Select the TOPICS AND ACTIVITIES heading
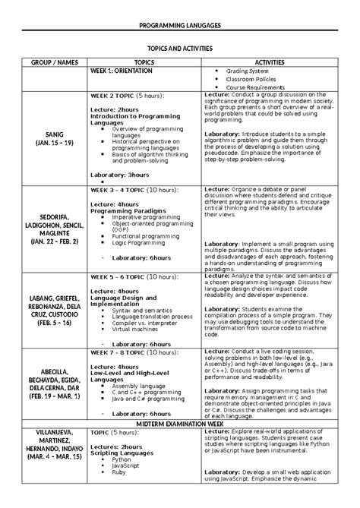point(179,46)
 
